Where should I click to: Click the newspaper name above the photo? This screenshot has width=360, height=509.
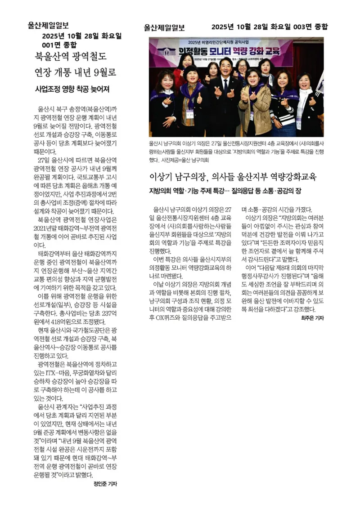(x=164, y=27)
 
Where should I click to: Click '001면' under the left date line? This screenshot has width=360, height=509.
(x=51, y=45)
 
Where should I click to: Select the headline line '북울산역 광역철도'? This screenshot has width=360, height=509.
(x=71, y=57)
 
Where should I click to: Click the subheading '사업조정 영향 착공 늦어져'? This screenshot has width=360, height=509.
(x=72, y=89)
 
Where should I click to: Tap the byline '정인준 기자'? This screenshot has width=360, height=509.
(x=105, y=484)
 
